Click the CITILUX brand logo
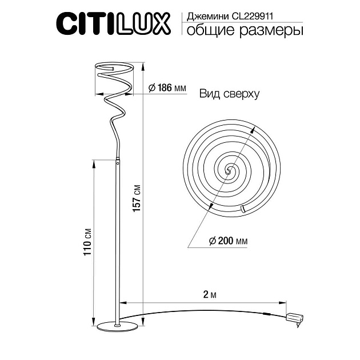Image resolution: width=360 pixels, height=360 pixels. click(x=112, y=23)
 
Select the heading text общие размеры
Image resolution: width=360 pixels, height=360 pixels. click(x=241, y=31)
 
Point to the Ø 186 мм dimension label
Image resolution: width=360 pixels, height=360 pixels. click(x=167, y=89)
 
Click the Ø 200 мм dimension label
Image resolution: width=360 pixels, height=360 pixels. click(x=228, y=242)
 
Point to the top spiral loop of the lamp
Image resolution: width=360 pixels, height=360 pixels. click(x=114, y=72)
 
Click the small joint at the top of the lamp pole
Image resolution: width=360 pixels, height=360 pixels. click(x=118, y=162)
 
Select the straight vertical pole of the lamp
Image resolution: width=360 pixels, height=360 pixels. click(x=117, y=240)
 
